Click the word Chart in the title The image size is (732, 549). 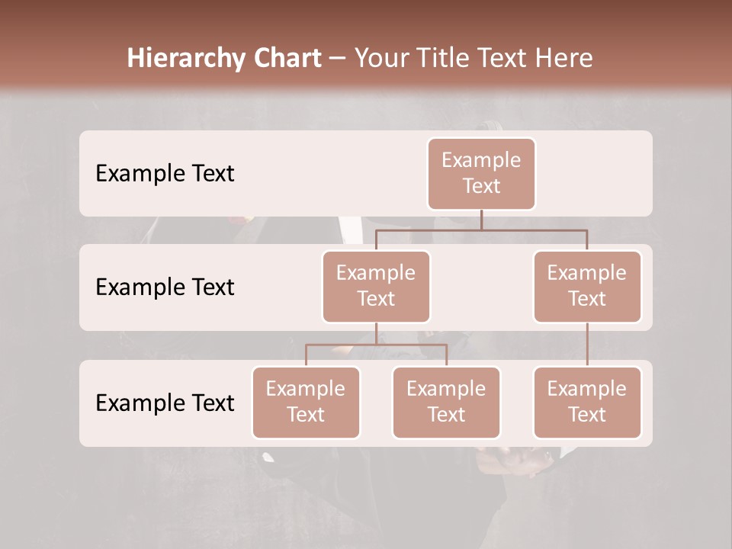(288, 59)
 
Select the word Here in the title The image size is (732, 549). (563, 59)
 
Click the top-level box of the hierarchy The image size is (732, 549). (481, 173)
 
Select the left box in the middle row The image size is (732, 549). (376, 286)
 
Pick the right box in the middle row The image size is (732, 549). (587, 286)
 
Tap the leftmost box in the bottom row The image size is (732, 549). (306, 402)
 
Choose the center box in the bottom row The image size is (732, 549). (446, 402)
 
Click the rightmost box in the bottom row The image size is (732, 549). (587, 402)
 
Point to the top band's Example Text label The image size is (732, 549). (165, 174)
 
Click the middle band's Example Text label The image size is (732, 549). (165, 287)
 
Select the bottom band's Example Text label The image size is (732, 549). (165, 403)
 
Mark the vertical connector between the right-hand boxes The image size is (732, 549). (587, 345)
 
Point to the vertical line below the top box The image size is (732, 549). (481, 220)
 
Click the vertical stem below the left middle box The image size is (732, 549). (376, 333)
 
